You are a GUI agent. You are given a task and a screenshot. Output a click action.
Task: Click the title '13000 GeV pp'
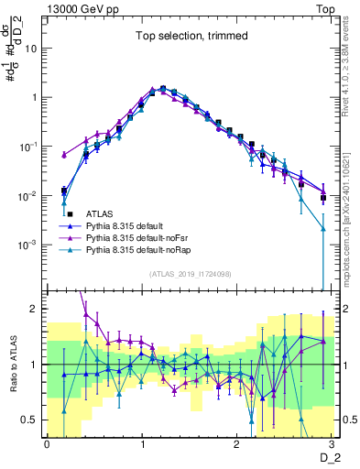pos(80,7)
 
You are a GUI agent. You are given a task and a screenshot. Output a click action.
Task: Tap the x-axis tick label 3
pos(333,443)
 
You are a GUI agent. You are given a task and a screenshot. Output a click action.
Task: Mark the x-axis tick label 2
pos(238,443)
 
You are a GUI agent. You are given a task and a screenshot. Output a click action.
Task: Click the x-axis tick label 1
pos(143,443)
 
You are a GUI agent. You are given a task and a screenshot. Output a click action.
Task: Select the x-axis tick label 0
pos(48,443)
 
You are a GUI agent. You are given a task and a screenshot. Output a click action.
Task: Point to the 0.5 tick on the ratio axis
pos(34,420)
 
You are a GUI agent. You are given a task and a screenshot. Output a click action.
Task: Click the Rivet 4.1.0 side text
pos(348,73)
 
